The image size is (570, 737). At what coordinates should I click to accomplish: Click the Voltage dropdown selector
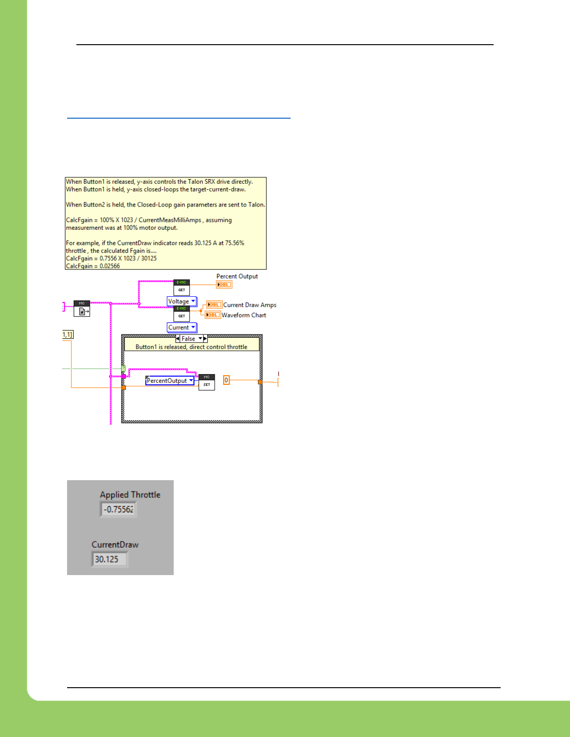pyautogui.click(x=182, y=301)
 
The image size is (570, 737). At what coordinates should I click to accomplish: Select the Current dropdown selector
pyautogui.click(x=182, y=328)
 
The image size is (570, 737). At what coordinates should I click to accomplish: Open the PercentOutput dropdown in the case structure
pyautogui.click(x=170, y=381)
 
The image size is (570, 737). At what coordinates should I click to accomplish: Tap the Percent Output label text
pyautogui.click(x=237, y=276)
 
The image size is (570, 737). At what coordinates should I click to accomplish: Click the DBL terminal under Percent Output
pyautogui.click(x=224, y=285)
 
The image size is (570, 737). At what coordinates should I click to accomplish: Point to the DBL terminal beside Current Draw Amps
pyautogui.click(x=214, y=305)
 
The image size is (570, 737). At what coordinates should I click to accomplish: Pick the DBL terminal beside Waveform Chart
pyautogui.click(x=212, y=315)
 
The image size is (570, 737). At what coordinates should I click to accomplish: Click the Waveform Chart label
pyautogui.click(x=244, y=315)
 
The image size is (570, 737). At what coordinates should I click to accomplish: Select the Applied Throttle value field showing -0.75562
pyautogui.click(x=118, y=509)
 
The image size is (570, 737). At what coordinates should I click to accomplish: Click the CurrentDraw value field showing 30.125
pyautogui.click(x=109, y=559)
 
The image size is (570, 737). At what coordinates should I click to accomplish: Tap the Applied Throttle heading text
pyautogui.click(x=130, y=495)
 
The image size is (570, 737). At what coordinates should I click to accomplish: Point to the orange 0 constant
pyautogui.click(x=226, y=380)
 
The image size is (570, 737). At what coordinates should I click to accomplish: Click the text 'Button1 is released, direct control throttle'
pyautogui.click(x=191, y=347)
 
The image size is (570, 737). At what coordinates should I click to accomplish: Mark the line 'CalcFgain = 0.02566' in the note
pyautogui.click(x=93, y=266)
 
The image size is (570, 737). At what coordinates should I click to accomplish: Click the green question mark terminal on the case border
pyautogui.click(x=123, y=369)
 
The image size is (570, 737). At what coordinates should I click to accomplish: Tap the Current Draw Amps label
pyautogui.click(x=250, y=305)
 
